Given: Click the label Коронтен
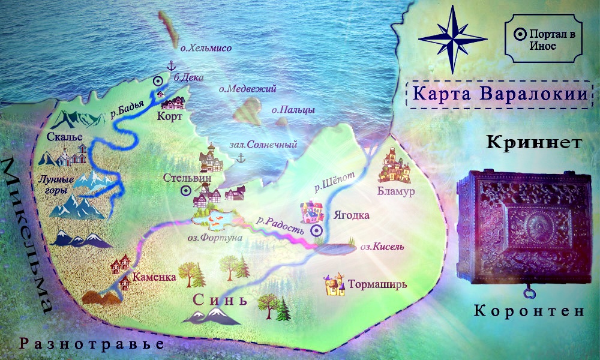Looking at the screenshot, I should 528,311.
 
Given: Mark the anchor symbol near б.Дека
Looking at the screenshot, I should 170,66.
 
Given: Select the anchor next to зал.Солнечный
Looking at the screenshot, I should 241,158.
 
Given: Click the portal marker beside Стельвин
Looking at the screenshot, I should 186,190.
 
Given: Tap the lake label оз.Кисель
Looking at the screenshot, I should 378,246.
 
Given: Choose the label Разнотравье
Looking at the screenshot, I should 91,344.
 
